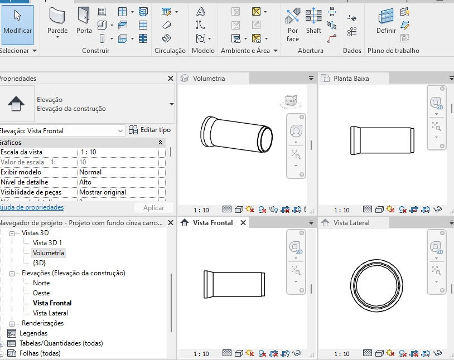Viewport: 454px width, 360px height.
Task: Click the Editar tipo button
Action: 149,130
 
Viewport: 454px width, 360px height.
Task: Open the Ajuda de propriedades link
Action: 31,207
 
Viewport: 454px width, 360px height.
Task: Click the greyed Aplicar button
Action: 154,208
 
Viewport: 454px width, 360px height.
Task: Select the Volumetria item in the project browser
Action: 48,253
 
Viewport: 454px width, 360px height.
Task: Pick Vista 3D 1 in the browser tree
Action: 47,243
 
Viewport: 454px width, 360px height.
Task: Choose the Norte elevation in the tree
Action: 41,283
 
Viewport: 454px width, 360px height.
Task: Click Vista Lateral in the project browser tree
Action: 50,313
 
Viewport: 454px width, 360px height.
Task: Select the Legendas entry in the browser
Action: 33,333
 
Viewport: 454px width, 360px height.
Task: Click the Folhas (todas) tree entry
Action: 40,353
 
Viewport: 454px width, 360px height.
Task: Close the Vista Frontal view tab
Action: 243,223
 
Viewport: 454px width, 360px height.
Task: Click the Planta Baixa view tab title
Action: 351,79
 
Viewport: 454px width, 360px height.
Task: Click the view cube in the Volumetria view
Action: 291,101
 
